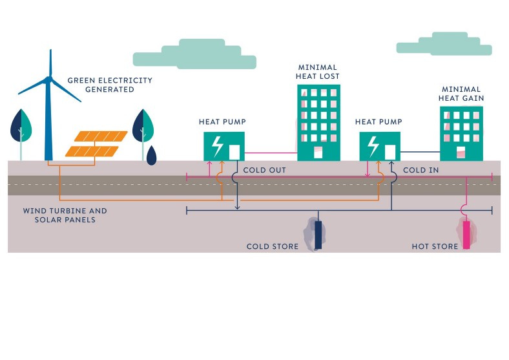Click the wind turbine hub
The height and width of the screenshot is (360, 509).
coord(48,79)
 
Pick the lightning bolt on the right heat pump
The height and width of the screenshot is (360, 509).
coord(373,147)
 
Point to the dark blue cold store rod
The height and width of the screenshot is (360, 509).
coord(318,235)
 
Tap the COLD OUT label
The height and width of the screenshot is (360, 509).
coord(264,170)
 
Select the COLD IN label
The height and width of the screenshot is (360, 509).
coord(421,170)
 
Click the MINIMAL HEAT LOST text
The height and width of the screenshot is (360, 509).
coord(318,72)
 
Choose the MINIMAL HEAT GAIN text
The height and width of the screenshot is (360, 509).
coord(462,94)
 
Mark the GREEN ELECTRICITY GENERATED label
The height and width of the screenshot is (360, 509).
coord(110,85)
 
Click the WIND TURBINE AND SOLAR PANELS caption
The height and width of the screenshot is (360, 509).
coord(65,215)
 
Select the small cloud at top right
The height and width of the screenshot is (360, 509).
coord(444,47)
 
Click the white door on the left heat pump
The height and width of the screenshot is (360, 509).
coord(234,152)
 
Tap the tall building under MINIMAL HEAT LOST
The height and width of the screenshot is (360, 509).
coord(318,122)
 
